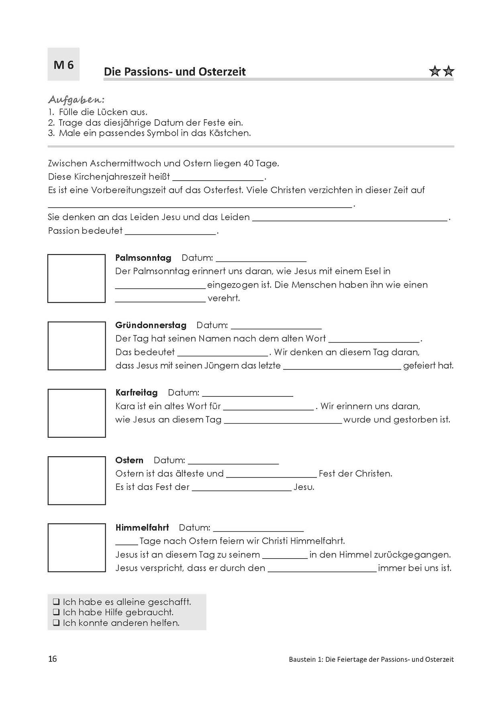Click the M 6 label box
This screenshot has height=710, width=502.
click(63, 65)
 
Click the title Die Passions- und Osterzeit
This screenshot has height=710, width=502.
click(175, 72)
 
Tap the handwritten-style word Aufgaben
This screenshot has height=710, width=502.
click(76, 99)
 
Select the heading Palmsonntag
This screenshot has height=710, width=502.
click(143, 258)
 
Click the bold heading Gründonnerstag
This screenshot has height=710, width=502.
click(151, 325)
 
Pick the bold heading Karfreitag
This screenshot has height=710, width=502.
click(136, 392)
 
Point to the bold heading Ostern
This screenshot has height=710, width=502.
click(129, 460)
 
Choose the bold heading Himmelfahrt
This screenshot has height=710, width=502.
click(142, 527)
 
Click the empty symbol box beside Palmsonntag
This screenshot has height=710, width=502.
click(76, 278)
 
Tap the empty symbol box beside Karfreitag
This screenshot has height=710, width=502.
click(76, 413)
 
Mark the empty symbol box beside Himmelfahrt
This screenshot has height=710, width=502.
click(76, 547)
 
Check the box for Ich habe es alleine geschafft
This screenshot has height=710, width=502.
click(56, 602)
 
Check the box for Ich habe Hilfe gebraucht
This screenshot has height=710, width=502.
click(56, 612)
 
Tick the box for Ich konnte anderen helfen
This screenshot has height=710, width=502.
click(56, 623)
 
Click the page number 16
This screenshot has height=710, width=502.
click(52, 659)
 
